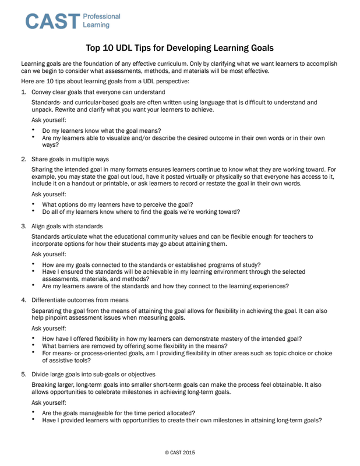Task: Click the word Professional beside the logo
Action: (x=102, y=16)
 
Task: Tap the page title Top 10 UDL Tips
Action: (x=179, y=47)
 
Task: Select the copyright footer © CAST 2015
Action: (x=179, y=451)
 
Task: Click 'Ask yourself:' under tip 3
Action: (x=48, y=254)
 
